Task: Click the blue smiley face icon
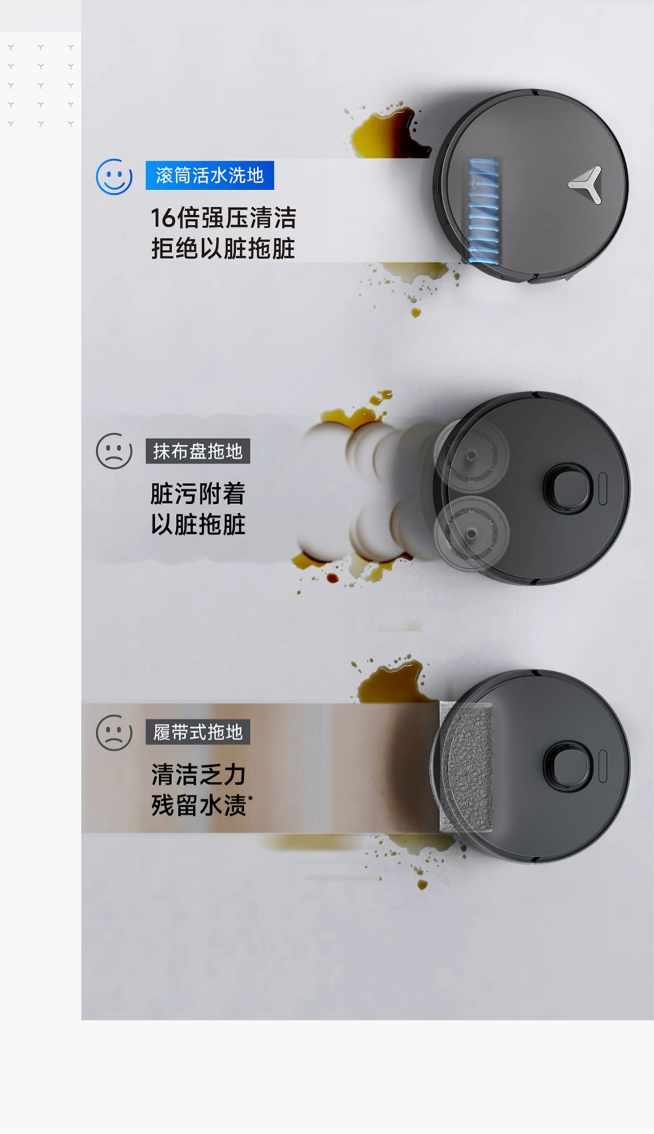[x=114, y=176]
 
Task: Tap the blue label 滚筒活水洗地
[x=210, y=175]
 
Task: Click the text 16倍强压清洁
[x=224, y=218]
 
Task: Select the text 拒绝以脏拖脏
[x=223, y=249]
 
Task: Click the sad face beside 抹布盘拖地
[x=114, y=451]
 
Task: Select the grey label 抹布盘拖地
[x=198, y=451]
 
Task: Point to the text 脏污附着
[x=198, y=494]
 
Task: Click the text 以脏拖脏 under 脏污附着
[x=198, y=524]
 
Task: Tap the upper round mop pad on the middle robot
[x=471, y=456]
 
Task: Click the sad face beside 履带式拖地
[x=114, y=733]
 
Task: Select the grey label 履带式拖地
[x=198, y=732]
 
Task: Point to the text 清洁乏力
[x=198, y=775]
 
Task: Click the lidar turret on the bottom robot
[x=568, y=766]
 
